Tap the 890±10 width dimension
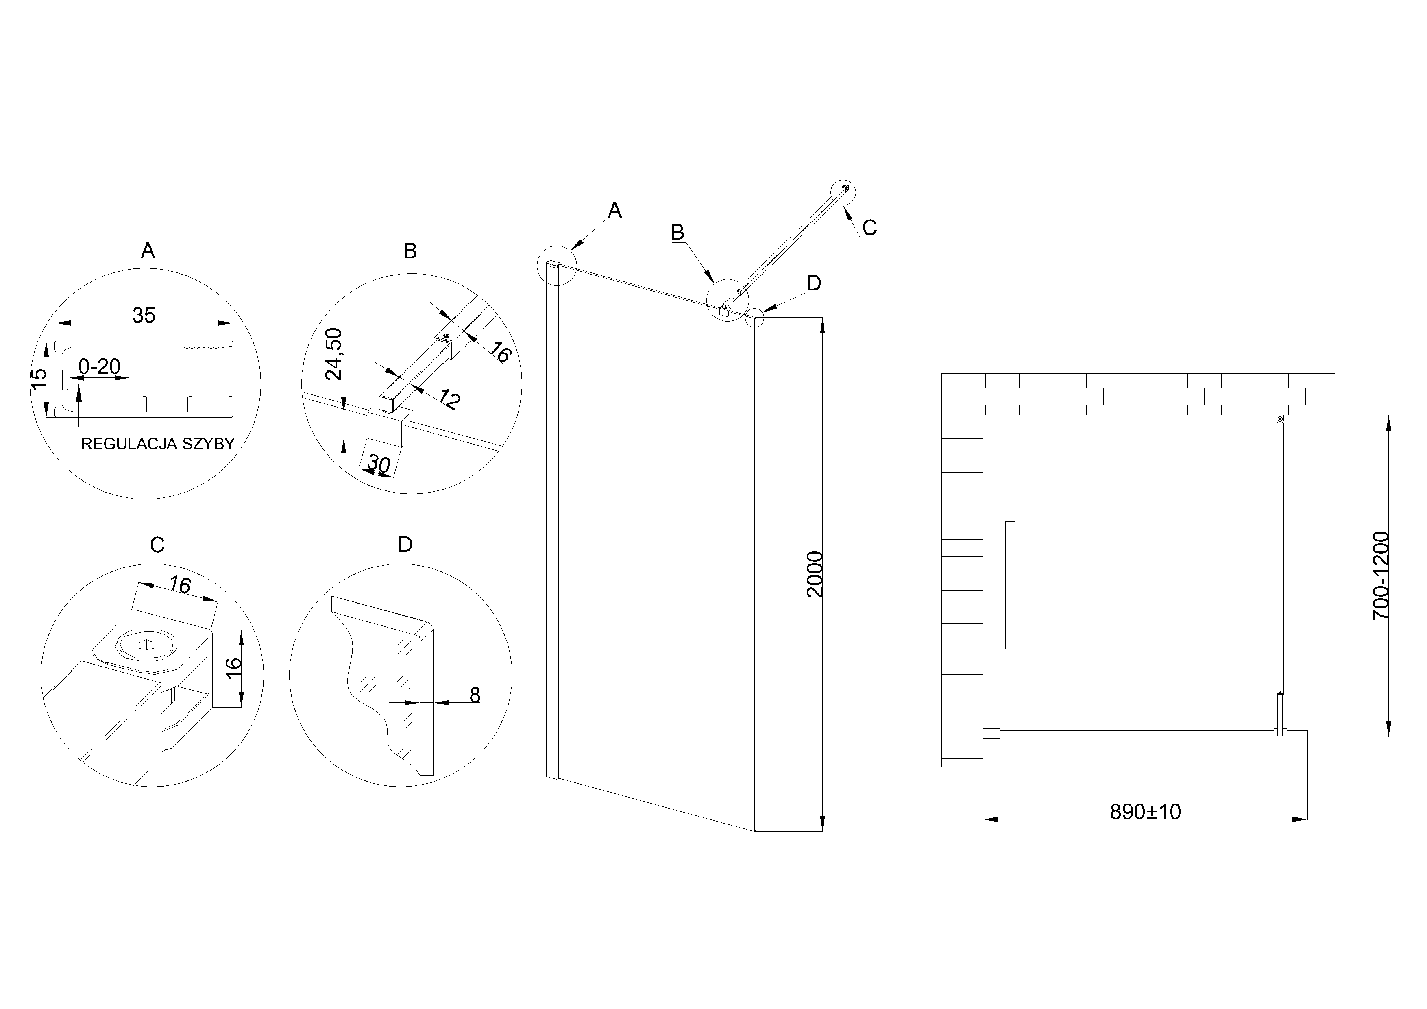coord(1145,811)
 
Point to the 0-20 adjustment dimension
coord(100,367)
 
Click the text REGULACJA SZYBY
coord(158,444)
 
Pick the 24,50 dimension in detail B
coord(334,354)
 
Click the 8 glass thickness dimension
coord(474,695)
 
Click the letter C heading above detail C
coord(157,545)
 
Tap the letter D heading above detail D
coord(405,545)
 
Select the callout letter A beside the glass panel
coord(614,210)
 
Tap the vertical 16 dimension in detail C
coord(233,667)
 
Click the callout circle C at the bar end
coord(843,192)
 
